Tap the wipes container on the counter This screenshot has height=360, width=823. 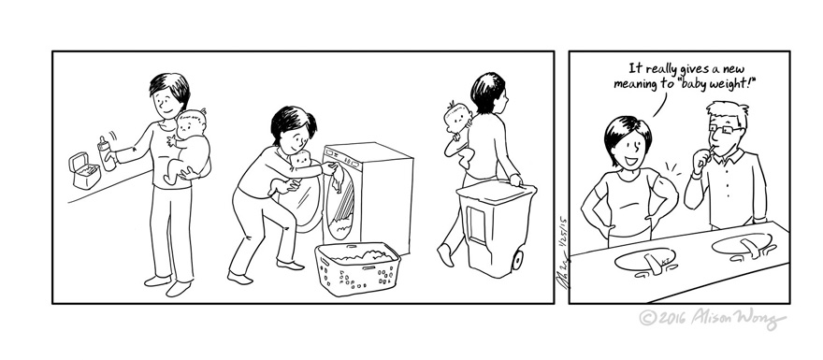click(86, 170)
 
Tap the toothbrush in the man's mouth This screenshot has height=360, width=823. click(712, 148)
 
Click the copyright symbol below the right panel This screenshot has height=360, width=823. click(645, 320)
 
